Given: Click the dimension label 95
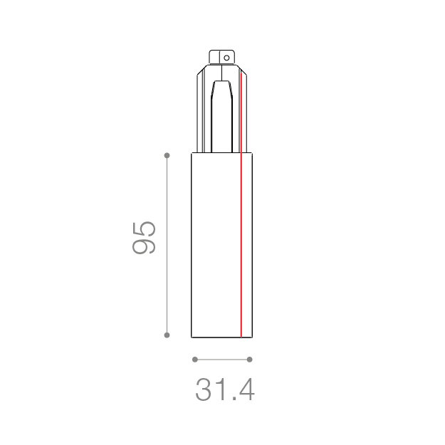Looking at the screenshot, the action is tap(144, 238).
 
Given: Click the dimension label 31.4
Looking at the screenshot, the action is tap(225, 390).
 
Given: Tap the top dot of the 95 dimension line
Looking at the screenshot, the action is tap(167, 155).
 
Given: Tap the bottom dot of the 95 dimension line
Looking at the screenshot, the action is tap(167, 335).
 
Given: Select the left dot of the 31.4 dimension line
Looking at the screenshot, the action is tap(194, 360).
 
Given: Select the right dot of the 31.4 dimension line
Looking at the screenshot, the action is tap(249, 360).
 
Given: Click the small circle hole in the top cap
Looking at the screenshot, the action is tap(226, 58).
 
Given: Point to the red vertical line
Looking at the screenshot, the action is tap(241, 205).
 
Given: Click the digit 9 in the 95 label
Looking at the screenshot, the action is tap(144, 246).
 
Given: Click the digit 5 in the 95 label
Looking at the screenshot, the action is tap(144, 229).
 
